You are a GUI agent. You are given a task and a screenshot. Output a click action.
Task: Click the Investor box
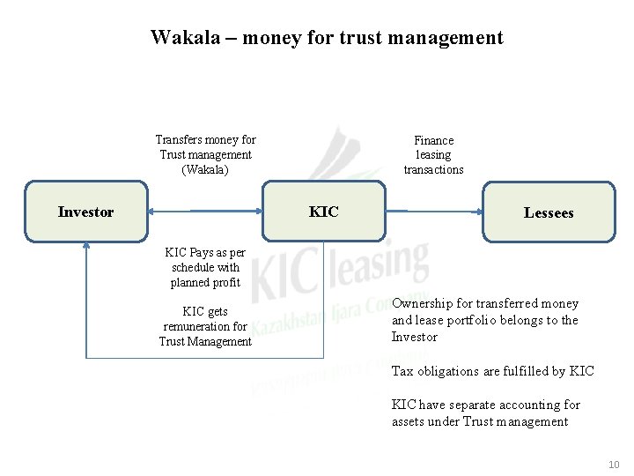(x=85, y=212)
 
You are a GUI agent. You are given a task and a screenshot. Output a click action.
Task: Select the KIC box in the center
(x=324, y=212)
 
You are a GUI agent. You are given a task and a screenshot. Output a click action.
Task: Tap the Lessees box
(x=549, y=212)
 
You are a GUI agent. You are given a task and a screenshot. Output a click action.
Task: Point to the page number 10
(x=614, y=465)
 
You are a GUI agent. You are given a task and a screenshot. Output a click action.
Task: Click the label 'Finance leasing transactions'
(x=433, y=154)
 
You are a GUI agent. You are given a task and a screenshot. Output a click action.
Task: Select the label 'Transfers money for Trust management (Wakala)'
(x=205, y=154)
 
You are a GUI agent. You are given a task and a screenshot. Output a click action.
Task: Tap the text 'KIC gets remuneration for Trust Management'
(x=205, y=326)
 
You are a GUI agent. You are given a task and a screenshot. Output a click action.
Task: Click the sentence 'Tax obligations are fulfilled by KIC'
(x=492, y=371)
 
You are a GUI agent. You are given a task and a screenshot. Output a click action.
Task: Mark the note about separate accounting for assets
(x=485, y=413)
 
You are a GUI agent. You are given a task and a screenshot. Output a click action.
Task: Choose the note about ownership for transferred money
(x=484, y=320)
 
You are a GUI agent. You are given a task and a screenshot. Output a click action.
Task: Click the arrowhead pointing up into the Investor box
(x=85, y=248)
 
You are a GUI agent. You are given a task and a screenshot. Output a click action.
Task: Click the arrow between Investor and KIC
(x=207, y=212)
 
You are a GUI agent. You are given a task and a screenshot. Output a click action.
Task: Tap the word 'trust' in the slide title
(x=363, y=38)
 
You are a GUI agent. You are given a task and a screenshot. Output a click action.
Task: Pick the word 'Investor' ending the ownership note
(x=415, y=337)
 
